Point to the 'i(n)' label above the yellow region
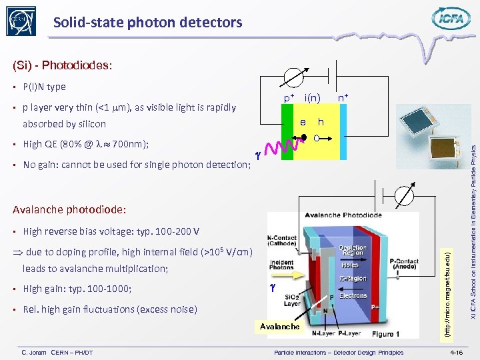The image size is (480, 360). (x=312, y=99)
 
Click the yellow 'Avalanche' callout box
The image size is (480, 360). (x=280, y=326)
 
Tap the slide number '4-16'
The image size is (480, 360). (x=457, y=352)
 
